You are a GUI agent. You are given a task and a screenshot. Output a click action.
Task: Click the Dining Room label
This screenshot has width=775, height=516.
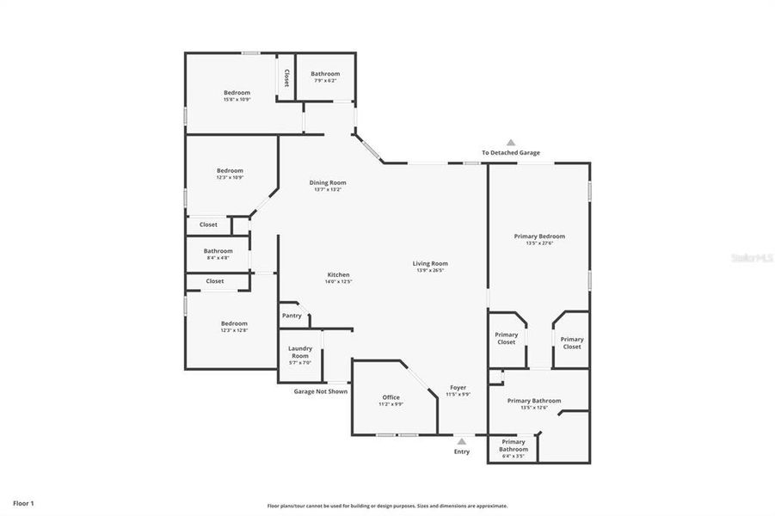(x=327, y=182)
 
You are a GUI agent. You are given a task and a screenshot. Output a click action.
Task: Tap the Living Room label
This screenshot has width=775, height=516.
(x=430, y=264)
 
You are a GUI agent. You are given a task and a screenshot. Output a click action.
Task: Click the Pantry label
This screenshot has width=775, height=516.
(x=292, y=316)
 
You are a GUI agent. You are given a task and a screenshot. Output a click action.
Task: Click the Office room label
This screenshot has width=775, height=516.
(x=391, y=397)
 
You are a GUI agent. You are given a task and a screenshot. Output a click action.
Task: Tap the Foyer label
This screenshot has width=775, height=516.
(x=458, y=388)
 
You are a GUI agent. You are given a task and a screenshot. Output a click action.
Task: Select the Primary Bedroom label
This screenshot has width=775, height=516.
(x=539, y=236)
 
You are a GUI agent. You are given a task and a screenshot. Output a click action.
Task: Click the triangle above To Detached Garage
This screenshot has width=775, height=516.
(x=510, y=143)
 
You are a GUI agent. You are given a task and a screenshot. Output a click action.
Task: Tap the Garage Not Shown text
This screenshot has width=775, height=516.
(x=321, y=391)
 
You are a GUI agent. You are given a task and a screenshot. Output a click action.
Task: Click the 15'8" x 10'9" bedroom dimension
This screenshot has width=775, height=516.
(x=237, y=100)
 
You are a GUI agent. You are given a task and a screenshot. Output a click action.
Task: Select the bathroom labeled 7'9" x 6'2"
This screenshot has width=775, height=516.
(x=325, y=77)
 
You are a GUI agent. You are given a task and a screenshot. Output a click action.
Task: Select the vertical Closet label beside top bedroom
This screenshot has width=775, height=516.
(x=286, y=78)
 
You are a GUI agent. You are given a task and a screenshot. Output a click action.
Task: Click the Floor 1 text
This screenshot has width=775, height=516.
(x=23, y=502)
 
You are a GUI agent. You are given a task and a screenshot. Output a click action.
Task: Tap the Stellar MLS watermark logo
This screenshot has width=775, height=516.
(x=752, y=257)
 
